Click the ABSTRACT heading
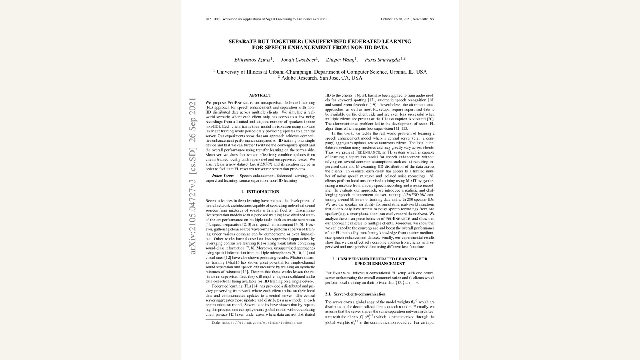pos(260,95)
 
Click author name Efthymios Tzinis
pos(252,60)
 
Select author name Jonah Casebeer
pos(298,60)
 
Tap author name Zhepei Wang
pos(340,60)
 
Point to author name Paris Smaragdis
pos(382,60)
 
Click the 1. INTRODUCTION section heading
pos(260,192)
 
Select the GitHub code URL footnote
pos(262,322)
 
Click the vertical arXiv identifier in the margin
pos(193,176)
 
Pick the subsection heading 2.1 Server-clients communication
pos(355,294)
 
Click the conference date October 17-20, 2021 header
pos(407,19)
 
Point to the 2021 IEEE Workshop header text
pos(266,19)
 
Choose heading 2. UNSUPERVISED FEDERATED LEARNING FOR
pos(380,259)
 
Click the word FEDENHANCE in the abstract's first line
pos(240,103)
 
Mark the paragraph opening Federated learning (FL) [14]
pos(260,300)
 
